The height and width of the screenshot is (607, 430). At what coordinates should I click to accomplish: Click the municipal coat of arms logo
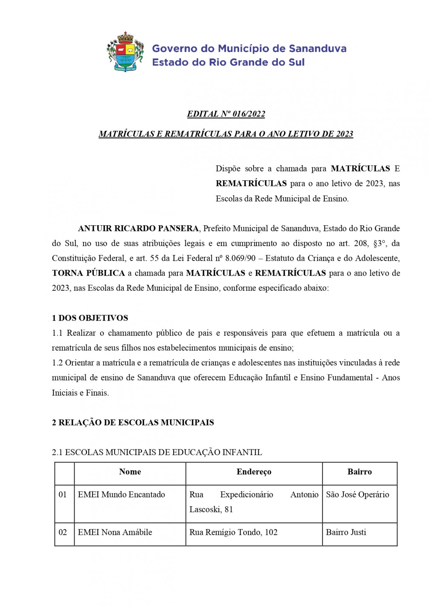coord(125,52)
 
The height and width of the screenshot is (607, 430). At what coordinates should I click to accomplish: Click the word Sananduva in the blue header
coord(317,49)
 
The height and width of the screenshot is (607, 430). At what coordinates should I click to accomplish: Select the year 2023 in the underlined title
coord(344,134)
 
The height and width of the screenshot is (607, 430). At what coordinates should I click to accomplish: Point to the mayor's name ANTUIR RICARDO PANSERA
coord(138,228)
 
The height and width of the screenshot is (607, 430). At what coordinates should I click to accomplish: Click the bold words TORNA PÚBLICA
coord(89,273)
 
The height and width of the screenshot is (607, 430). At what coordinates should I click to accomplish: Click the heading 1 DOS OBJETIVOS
coord(90,318)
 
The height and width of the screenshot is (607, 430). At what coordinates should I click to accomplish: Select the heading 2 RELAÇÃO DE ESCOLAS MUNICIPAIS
coord(133,423)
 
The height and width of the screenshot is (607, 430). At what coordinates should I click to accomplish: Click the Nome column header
coord(130,472)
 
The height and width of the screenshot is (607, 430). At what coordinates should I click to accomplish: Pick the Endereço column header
coord(254,472)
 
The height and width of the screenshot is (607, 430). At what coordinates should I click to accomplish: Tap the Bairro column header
coord(359,472)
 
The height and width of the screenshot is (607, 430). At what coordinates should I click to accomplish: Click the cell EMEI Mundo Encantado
coord(121,495)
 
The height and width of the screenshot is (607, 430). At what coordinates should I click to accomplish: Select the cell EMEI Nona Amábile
coord(115,532)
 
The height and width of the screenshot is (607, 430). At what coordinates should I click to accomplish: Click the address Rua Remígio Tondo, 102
coord(233,532)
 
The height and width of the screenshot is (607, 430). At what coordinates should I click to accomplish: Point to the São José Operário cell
coord(357,495)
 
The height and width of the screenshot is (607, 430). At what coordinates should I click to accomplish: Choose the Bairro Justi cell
coord(346,532)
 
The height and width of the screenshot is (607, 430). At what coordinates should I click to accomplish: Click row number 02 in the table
coord(63,532)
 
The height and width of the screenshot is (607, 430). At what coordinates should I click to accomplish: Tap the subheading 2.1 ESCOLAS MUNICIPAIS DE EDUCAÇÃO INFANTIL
coord(157,452)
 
